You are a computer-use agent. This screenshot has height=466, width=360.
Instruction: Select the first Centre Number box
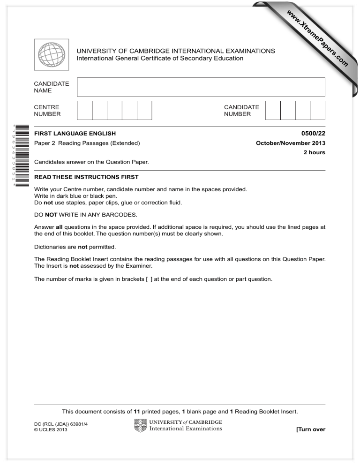pos(84,113)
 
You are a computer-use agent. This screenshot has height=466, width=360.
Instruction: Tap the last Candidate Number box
pos(318,113)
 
